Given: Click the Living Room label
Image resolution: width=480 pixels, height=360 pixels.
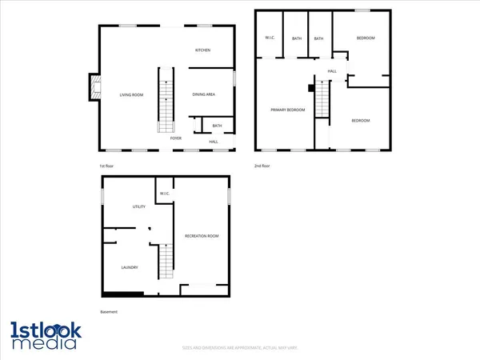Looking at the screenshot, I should (131, 95).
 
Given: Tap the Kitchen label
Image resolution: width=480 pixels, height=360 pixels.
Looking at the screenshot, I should (203, 50).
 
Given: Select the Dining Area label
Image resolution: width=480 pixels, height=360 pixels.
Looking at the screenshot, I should (204, 95).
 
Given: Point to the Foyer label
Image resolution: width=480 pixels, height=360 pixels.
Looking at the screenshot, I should (175, 138).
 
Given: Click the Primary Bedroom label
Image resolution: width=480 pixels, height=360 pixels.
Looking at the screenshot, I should (287, 110).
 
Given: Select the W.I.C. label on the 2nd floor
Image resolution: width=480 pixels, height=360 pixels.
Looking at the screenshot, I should (270, 38).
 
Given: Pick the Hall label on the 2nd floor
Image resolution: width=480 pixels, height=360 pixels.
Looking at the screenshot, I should (331, 71).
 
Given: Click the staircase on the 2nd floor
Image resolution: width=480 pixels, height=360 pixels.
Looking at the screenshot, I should (322, 101).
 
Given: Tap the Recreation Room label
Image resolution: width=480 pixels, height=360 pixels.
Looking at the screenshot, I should (202, 236).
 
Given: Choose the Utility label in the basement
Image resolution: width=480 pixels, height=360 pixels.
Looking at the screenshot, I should (138, 207).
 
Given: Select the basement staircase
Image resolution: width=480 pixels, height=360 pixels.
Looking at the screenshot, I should (165, 261).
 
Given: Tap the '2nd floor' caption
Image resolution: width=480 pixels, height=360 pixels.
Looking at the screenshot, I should (262, 166).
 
